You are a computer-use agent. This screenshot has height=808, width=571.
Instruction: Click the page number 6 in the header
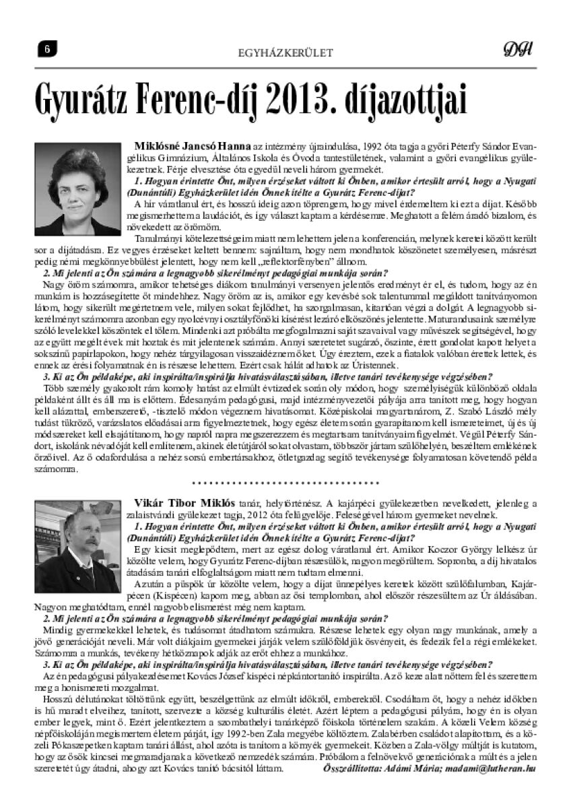[x=48, y=47]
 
